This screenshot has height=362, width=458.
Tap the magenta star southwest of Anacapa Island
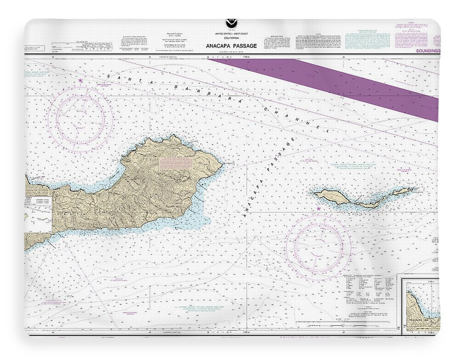coord(318,209)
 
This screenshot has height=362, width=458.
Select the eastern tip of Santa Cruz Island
coord(222,163)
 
